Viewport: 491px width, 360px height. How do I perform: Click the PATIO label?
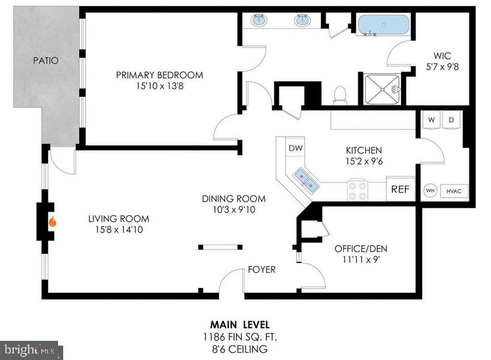click(x=46, y=60)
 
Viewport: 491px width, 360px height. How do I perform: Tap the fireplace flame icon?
click(x=53, y=221)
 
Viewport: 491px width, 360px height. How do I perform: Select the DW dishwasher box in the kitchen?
click(x=295, y=148)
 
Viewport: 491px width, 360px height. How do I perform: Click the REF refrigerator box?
click(x=400, y=189)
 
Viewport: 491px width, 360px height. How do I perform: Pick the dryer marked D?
click(x=451, y=120)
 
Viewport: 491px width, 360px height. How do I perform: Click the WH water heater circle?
click(x=430, y=190)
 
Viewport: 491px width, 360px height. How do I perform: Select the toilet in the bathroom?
click(x=340, y=95)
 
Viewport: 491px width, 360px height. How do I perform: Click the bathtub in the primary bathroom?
click(x=384, y=26)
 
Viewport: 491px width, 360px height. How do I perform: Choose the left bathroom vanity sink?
click(x=260, y=21)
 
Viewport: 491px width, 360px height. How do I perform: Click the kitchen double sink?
click(x=305, y=178)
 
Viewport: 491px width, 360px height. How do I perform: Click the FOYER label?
click(x=262, y=270)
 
